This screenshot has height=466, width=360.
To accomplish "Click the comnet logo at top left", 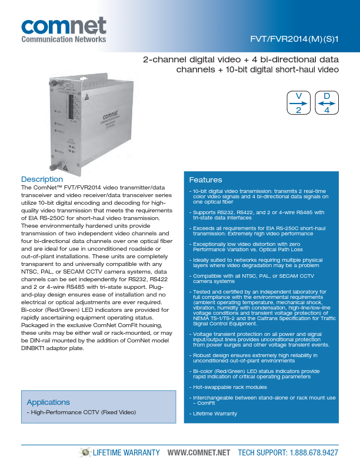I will point(64,26).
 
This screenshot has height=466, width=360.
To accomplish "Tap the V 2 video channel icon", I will point(298,103).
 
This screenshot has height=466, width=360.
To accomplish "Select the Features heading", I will point(205,179).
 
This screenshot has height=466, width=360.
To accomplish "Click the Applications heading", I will point(48,402).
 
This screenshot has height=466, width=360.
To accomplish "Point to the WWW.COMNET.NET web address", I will point(198,452).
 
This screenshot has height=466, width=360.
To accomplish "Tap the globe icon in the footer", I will point(86,452).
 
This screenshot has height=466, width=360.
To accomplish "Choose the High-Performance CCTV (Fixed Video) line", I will point(83,412).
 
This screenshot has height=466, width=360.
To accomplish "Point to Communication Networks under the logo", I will point(64,39).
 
